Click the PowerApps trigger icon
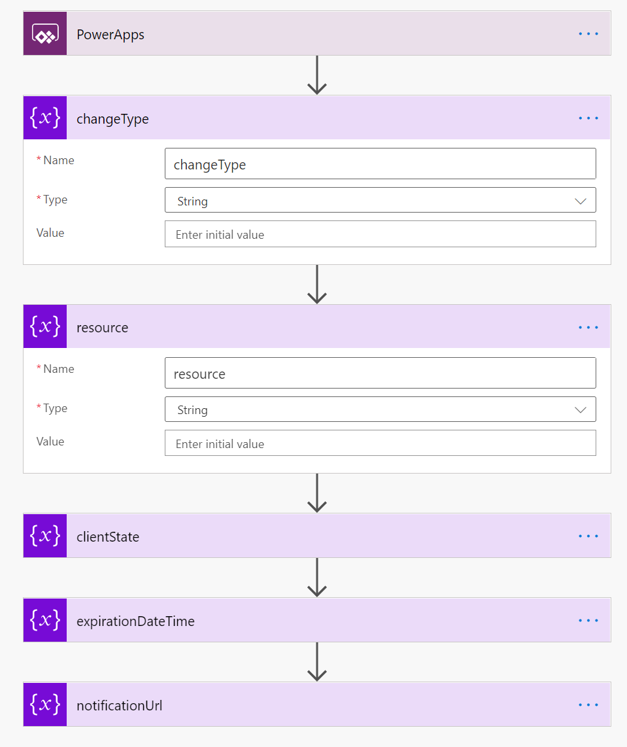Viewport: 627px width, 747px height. point(45,33)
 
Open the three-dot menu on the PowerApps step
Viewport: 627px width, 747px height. point(588,34)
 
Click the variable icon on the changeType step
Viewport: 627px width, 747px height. point(45,118)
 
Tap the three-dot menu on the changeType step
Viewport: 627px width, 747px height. point(588,118)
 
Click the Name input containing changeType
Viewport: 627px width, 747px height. point(380,164)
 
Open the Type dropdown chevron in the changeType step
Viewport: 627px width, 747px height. point(581,201)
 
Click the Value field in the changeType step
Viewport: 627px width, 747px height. point(380,234)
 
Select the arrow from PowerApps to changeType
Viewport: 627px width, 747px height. point(316,75)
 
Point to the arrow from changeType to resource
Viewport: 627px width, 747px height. point(316,284)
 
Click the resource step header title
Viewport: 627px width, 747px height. point(103,327)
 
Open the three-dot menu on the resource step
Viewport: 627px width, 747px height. point(588,327)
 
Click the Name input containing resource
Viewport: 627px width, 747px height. point(380,373)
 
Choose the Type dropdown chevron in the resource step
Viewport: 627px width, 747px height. point(581,409)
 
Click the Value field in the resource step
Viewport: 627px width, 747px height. point(380,443)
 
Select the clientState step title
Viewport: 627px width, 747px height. point(108,536)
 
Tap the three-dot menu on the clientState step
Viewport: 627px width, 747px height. point(588,536)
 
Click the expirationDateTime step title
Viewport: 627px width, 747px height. point(136,621)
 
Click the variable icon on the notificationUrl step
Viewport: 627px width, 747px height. point(45,704)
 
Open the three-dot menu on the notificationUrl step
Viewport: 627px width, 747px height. point(588,704)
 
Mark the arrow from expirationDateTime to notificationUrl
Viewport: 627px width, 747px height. point(316,662)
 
